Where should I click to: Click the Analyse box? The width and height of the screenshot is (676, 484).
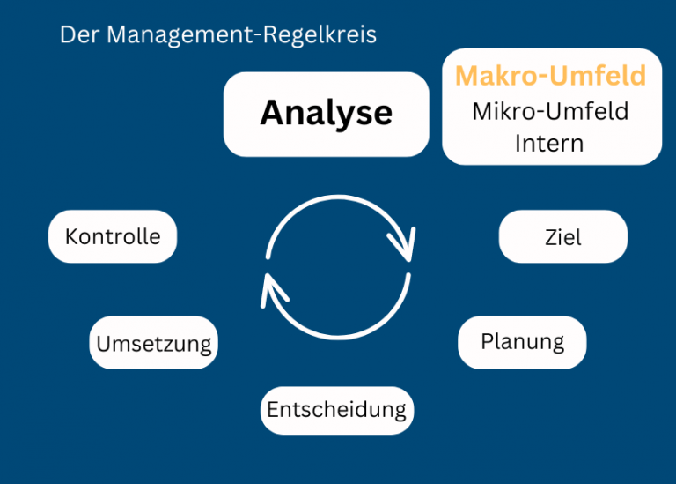coord(326,114)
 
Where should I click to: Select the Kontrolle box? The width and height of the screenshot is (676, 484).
coord(113,236)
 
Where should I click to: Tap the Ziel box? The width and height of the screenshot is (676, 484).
coord(563,237)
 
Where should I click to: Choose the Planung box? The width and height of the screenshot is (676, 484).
coord(522,341)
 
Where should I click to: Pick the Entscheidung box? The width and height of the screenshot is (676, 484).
coord(337,410)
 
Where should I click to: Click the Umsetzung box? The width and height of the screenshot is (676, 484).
coord(153,343)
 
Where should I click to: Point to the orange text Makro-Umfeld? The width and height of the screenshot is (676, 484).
coord(551,76)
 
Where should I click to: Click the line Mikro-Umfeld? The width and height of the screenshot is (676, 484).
coord(551,111)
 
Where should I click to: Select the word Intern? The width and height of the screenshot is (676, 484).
coord(549,142)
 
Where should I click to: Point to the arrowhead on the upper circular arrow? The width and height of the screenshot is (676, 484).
coord(405,246)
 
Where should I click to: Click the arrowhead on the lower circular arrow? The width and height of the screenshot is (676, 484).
coord(272,287)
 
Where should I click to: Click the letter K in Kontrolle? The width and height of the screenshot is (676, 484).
coord(71,236)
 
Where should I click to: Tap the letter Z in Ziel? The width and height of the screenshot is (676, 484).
coord(550,237)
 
